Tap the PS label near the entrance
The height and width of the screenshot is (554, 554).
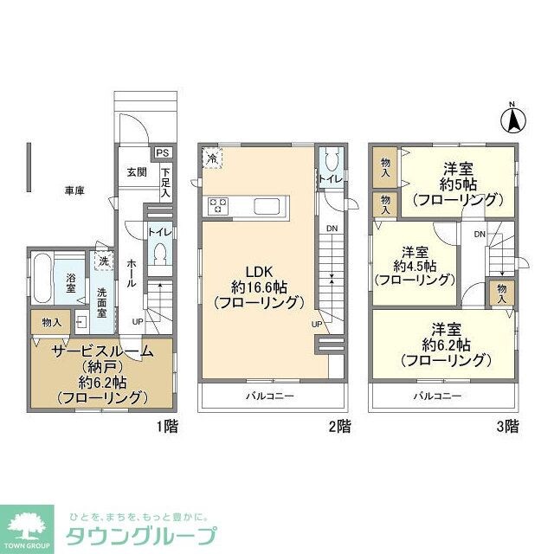pos(163,153)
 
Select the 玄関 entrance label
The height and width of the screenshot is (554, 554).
pos(136,171)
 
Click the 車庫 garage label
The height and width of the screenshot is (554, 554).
pos(74,190)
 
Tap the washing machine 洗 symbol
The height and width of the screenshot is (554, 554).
pos(103,260)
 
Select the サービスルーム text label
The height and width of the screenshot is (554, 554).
pos(102,351)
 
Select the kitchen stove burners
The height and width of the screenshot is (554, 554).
pos(217,206)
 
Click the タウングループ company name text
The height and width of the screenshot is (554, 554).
pos(141,534)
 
